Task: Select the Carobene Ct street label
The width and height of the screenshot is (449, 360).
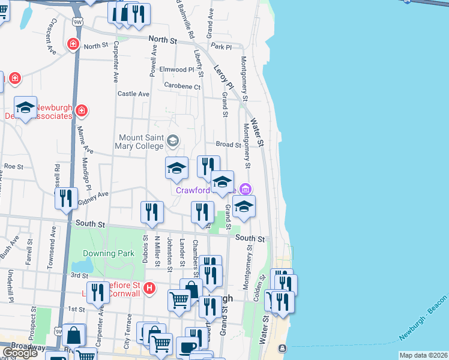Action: click(183, 86)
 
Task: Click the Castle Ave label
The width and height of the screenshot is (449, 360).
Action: click(133, 94)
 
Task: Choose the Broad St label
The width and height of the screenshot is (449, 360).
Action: click(228, 145)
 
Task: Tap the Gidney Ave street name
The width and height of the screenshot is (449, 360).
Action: click(93, 199)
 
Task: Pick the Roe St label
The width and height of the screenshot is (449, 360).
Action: click(13, 166)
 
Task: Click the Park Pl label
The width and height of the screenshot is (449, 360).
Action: click(221, 46)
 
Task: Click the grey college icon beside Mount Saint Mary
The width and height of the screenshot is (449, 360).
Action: click(173, 141)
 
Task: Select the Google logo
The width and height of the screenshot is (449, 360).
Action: click(20, 353)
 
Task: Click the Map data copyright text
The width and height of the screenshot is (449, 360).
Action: click(424, 355)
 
